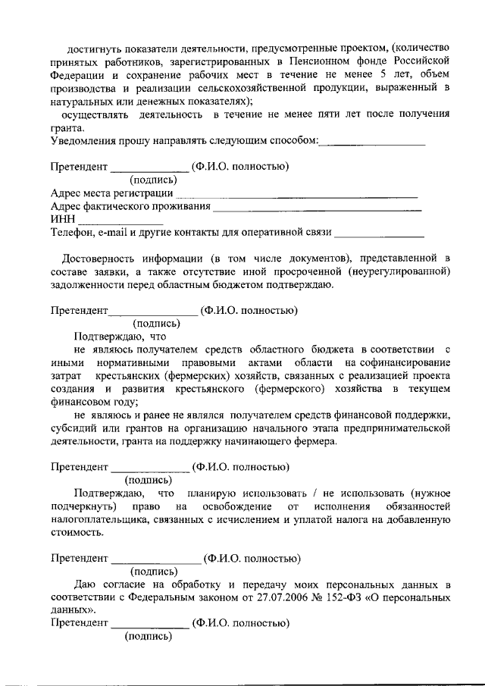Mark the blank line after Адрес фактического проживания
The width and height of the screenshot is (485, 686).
point(318,208)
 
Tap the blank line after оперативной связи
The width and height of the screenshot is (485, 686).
point(379,233)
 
